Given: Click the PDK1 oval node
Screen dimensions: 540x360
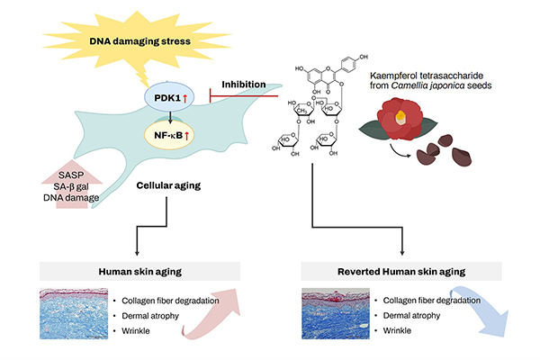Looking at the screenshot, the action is (x=169, y=97).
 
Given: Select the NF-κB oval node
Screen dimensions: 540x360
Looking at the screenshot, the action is (x=169, y=135).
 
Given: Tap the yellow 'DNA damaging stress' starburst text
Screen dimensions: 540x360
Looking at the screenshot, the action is (x=139, y=41).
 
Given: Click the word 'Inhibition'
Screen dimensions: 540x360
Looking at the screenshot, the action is (x=244, y=85).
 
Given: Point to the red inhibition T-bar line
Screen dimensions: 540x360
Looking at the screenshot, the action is (x=244, y=95).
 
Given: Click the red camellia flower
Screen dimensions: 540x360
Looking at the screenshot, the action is (x=400, y=118).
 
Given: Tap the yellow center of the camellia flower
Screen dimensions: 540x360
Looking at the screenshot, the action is (x=400, y=118).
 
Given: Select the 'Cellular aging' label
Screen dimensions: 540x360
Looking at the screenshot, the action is (x=168, y=185).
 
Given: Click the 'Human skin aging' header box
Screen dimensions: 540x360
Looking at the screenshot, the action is (x=139, y=272).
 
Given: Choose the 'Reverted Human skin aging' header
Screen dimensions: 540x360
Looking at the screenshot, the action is (x=401, y=272).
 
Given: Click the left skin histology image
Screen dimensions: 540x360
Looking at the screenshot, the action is (x=74, y=314).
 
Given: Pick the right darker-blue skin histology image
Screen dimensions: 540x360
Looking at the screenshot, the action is (x=336, y=314).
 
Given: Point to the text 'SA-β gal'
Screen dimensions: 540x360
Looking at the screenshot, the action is (x=71, y=186).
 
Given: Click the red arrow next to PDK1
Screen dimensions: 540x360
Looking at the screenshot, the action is (x=184, y=98).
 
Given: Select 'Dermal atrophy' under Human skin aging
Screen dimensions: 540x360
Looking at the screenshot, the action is (x=150, y=316).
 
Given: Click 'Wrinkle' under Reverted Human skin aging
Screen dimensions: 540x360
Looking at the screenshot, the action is (x=397, y=330).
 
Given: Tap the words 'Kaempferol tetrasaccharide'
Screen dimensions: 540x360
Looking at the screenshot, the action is (x=427, y=76).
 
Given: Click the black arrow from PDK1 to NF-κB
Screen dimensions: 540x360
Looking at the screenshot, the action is (x=170, y=118).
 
